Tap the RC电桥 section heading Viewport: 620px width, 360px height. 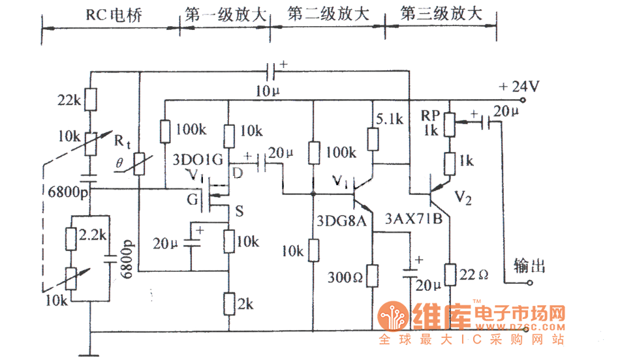pos(109,15)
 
